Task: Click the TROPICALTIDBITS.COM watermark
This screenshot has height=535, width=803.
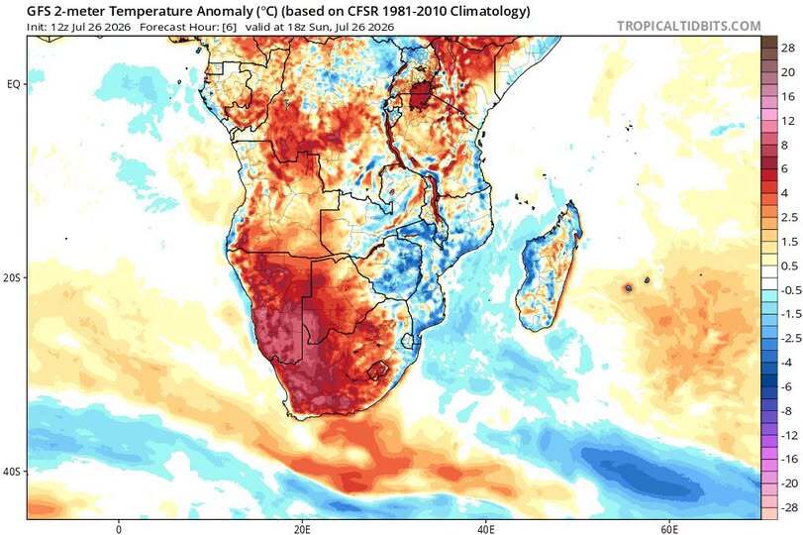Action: (x=689, y=26)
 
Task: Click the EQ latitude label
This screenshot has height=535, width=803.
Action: (x=13, y=84)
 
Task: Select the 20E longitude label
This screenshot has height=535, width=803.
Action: (x=302, y=529)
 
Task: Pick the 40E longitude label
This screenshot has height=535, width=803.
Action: (x=485, y=529)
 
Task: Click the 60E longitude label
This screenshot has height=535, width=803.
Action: (x=669, y=529)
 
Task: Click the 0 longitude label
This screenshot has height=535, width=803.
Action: (x=119, y=529)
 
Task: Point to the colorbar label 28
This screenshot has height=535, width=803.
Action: (x=787, y=49)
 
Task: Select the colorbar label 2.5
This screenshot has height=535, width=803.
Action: (x=789, y=217)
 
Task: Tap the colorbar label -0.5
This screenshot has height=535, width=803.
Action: (x=790, y=290)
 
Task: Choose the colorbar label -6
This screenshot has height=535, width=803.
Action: (x=786, y=387)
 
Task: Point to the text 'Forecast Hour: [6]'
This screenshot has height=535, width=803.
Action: (x=188, y=27)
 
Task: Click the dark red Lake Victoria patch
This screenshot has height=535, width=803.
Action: (x=421, y=95)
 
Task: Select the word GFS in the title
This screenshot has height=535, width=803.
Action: (x=40, y=11)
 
